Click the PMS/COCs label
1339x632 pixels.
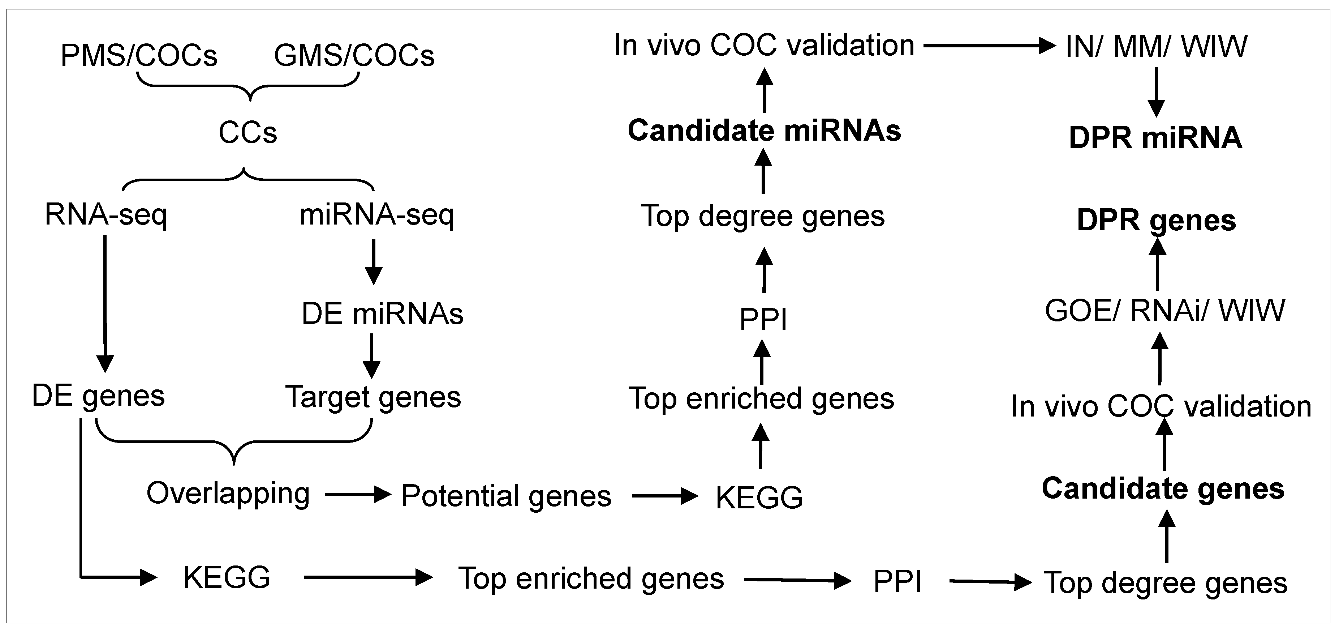click(139, 55)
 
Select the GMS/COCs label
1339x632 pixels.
click(354, 55)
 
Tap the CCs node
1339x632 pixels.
click(247, 133)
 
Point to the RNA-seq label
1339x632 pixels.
click(106, 214)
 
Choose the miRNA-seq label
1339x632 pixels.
click(377, 214)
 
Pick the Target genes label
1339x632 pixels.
click(373, 397)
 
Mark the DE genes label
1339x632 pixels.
click(98, 396)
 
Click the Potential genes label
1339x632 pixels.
click(506, 496)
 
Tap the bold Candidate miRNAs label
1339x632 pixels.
click(764, 130)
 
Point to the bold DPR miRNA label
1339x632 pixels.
click(1155, 138)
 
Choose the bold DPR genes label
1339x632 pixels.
click(1156, 221)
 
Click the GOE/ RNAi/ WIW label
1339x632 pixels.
click(1164, 311)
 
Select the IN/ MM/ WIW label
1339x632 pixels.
click(1156, 47)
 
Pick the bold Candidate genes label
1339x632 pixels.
click(1163, 489)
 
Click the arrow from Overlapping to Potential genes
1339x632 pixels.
click(358, 494)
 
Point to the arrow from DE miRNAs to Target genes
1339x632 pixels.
click(371, 356)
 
